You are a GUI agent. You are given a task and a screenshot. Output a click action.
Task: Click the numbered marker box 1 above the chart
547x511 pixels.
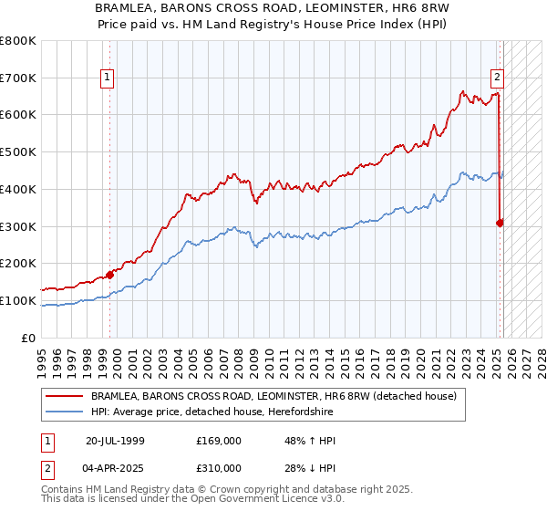pos(108,78)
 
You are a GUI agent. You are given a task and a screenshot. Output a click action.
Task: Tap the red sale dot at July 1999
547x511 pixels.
pos(109,274)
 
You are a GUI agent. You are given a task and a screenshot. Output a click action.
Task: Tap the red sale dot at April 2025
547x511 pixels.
pos(501,222)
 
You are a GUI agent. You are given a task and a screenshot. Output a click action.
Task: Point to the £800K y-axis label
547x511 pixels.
pos(18,41)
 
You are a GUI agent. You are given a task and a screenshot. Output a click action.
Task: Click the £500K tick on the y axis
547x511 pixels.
pos(18,152)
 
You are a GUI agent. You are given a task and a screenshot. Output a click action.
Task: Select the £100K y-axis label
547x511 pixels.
pos(18,300)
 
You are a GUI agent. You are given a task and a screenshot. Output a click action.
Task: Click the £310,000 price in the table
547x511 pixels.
pos(219,468)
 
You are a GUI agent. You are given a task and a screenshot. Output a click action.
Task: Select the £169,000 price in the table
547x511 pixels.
pos(219,441)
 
